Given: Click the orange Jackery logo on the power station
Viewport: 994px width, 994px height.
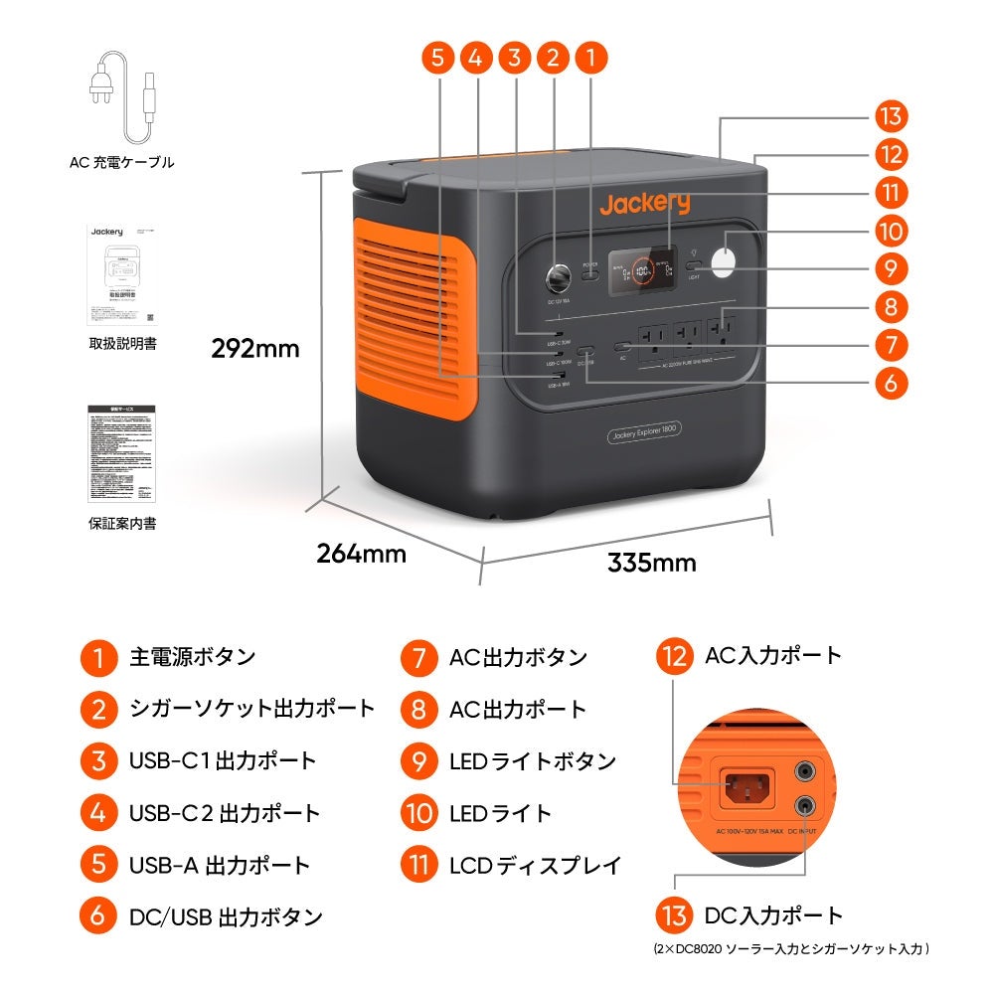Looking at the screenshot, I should (x=644, y=204).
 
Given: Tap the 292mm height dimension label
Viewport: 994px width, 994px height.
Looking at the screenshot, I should (x=254, y=349).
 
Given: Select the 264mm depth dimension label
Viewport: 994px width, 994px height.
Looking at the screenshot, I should (x=361, y=554).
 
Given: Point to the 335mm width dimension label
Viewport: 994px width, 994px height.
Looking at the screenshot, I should (x=651, y=563).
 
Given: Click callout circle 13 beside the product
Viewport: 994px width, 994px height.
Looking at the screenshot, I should (x=892, y=116).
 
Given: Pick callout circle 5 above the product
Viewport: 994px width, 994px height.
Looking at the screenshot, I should (x=438, y=57).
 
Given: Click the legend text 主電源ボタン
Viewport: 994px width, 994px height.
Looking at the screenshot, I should (x=193, y=657).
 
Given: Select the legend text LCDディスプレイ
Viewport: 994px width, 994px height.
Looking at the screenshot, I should (x=536, y=865).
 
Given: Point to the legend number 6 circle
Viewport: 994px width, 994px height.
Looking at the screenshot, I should (x=97, y=915).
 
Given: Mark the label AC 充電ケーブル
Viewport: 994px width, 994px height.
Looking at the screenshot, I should (x=121, y=162).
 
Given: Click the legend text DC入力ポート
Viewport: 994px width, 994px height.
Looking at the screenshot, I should (x=773, y=915).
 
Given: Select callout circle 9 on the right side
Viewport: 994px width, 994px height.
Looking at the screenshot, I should (x=892, y=268).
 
